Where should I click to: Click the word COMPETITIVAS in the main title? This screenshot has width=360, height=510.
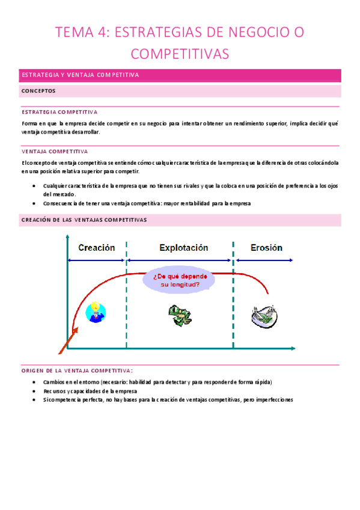coord(180,54)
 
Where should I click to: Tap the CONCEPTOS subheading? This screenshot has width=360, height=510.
coord(38,91)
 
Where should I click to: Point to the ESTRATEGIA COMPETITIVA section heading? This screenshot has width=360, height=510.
coord(59,112)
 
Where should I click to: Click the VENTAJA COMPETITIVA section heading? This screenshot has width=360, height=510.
coord(55,152)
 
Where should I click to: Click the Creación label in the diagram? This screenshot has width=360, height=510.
coord(96,248)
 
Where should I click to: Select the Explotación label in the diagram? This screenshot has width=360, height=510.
coord(183,248)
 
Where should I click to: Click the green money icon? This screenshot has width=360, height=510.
coord(179,313)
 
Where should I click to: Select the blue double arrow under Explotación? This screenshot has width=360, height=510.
coord(180,260)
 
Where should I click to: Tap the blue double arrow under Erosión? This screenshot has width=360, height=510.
coord(264,260)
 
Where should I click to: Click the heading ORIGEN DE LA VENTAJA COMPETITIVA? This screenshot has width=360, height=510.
coord(77,370)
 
